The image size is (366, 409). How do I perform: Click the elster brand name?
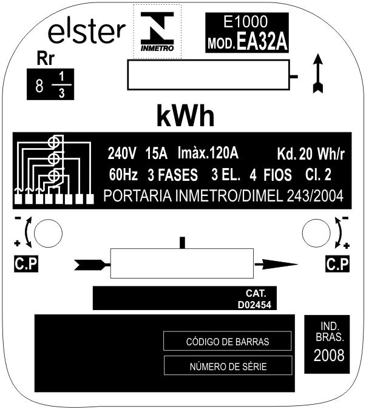87,33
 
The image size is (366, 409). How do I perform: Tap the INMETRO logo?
157,32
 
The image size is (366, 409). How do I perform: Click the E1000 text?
245,21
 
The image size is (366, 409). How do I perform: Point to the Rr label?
46,59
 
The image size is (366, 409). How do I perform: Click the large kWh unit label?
186,115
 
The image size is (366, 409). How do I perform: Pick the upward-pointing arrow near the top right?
318,73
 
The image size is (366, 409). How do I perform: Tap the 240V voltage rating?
122,153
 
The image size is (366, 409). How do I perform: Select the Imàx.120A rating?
208,152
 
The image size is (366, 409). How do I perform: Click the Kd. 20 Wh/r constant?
311,154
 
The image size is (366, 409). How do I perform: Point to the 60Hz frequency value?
123,175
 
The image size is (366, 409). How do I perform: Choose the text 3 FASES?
172,175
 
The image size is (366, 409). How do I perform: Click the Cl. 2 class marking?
318,175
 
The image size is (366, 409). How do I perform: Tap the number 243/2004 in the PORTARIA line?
315,195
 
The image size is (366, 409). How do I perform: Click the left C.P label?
26,264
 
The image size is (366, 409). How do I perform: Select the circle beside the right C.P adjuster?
316,233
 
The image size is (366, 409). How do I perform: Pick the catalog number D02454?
254,305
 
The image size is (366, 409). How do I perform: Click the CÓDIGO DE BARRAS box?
227,341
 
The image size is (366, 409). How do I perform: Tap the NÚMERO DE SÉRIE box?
228,366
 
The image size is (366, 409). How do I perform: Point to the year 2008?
329,356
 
